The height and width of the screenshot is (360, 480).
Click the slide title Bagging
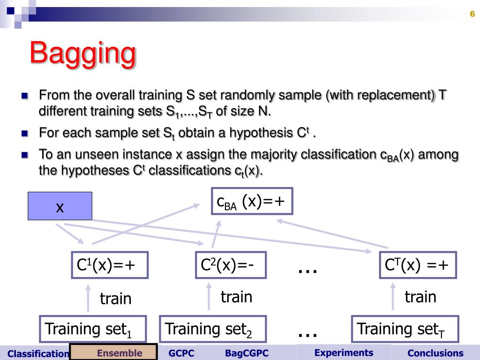point(83,53)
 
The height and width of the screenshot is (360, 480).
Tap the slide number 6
point(472,14)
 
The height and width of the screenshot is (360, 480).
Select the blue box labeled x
point(60,206)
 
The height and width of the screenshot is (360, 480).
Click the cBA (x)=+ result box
point(251,202)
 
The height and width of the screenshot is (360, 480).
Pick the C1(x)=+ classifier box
point(110,265)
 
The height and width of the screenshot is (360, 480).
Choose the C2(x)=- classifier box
point(231,265)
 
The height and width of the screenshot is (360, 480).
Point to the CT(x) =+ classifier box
point(417,265)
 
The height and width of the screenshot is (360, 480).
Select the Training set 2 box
point(213,329)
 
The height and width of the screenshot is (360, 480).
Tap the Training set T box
point(405,329)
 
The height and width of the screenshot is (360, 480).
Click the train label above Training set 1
point(115,299)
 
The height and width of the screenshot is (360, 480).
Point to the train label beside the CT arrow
point(420,297)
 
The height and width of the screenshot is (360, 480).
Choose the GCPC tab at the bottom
point(181,353)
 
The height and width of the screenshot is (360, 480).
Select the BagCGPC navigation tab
point(247,353)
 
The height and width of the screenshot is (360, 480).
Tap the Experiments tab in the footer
point(344,352)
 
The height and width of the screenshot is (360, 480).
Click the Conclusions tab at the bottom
point(435,353)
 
